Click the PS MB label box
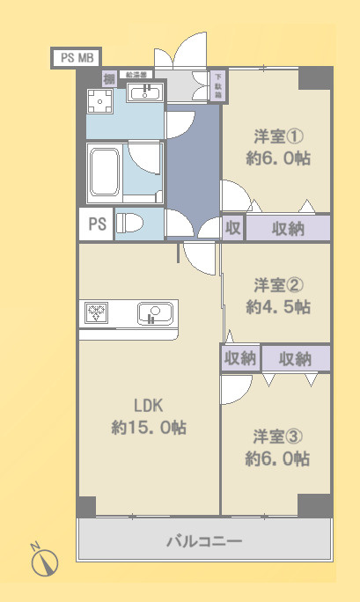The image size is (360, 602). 76,58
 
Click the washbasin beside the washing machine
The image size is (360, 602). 144,93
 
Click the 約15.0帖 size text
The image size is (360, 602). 149,427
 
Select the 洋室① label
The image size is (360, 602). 276,136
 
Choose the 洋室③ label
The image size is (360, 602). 276,436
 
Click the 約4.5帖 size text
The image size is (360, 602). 278,307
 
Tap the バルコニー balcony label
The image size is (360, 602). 204,541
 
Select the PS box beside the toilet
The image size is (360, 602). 96,224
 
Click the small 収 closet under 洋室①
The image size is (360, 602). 232,228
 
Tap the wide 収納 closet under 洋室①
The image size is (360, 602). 287,228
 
